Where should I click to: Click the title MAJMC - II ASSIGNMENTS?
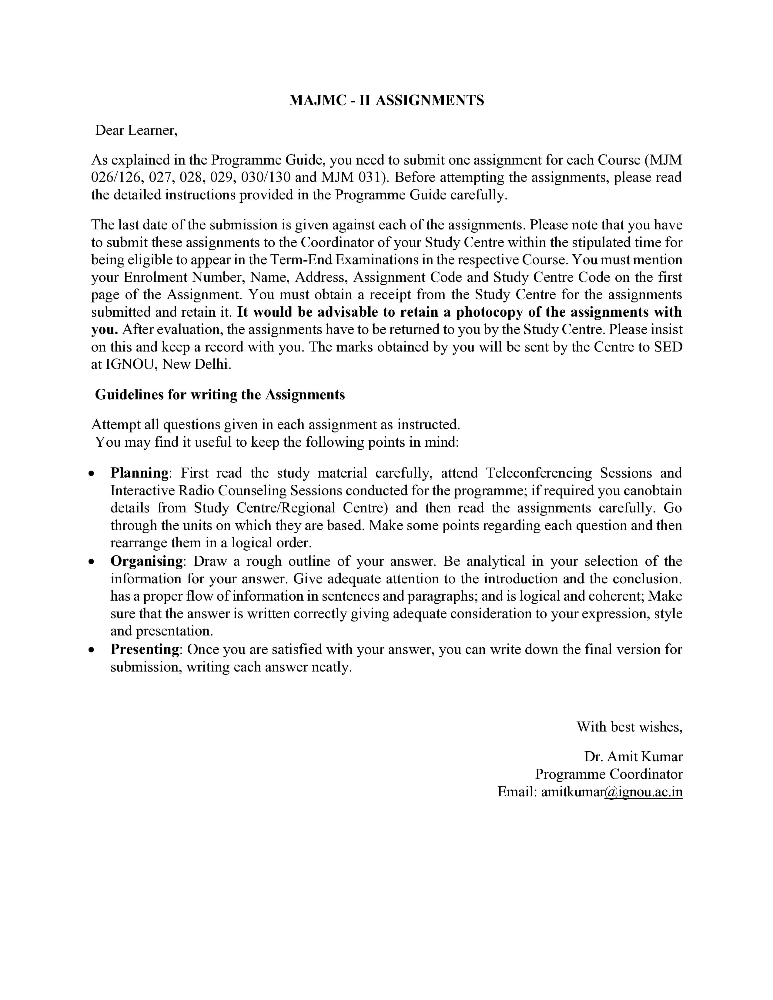(x=386, y=100)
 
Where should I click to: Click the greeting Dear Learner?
(x=136, y=131)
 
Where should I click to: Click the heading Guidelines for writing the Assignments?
(x=220, y=395)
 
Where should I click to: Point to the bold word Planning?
(x=139, y=473)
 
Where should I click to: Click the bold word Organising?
(x=146, y=561)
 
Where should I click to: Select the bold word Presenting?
(x=145, y=649)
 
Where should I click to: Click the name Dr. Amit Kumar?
(x=633, y=756)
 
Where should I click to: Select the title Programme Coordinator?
(x=609, y=774)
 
